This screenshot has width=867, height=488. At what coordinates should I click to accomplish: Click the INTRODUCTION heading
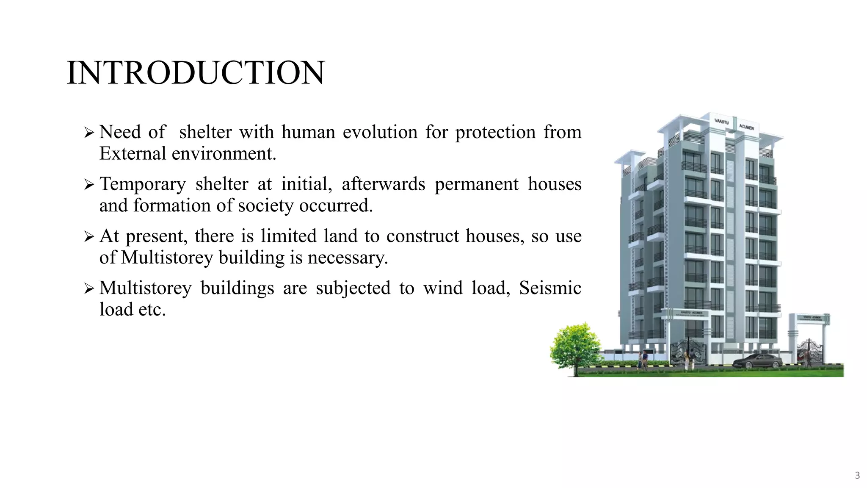tap(196, 73)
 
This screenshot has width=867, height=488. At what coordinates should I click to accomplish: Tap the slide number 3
tap(857, 475)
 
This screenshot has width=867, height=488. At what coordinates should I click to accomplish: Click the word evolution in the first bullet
tap(380, 132)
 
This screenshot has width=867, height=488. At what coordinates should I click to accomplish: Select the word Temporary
tap(143, 184)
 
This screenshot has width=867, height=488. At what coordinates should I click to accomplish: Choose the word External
tap(133, 154)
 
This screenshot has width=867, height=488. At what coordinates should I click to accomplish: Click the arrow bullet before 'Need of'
tap(89, 133)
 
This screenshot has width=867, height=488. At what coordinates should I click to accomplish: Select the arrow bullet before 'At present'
tap(89, 237)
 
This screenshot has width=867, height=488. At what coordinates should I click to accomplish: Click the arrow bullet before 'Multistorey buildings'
tap(89, 289)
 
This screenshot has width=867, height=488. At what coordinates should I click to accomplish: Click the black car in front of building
tap(757, 361)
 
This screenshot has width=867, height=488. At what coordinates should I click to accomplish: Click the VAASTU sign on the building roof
tap(722, 122)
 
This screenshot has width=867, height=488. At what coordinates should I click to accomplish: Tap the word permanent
tap(476, 184)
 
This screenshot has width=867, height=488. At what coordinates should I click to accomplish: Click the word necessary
tap(348, 258)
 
